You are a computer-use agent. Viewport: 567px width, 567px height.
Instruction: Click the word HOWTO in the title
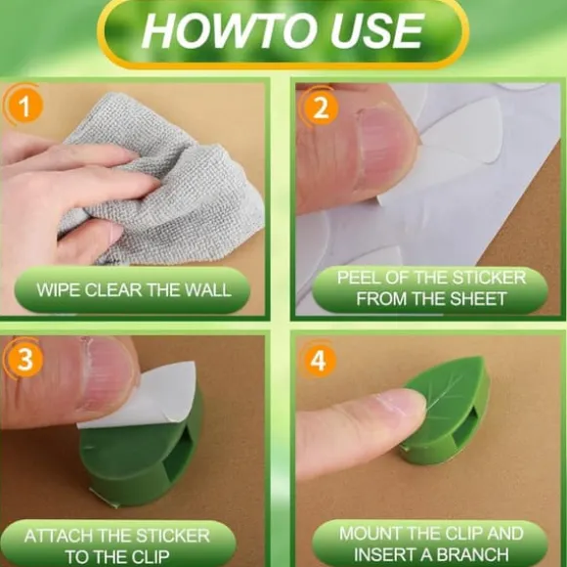pos(228,30)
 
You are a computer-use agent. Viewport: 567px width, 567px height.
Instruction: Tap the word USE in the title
pos(376,30)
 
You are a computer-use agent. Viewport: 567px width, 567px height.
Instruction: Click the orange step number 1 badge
pos(24,106)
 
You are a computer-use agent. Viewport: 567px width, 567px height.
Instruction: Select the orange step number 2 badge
pos(321,108)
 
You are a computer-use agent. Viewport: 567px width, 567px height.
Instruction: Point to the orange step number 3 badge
pos(24,359)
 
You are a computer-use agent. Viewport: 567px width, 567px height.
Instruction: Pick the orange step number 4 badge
pos(319,361)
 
